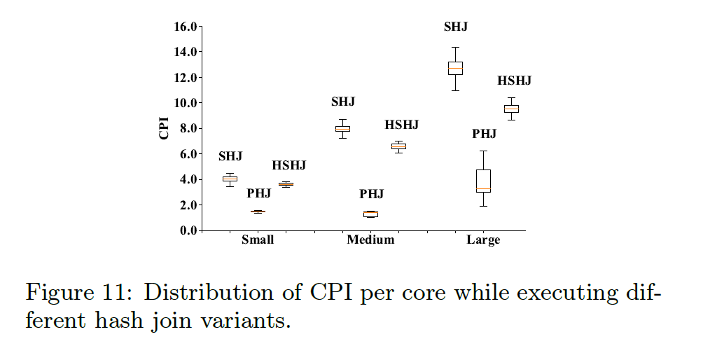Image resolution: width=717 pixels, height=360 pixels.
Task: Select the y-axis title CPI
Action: click(165, 129)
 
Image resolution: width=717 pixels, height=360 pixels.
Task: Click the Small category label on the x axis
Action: click(258, 240)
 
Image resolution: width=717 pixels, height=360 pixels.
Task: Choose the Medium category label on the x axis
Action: click(370, 240)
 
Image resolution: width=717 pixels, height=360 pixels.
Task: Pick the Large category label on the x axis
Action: click(483, 240)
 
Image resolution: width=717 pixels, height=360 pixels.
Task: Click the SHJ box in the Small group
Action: click(230, 179)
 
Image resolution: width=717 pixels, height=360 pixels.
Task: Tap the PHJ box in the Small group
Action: click(258, 212)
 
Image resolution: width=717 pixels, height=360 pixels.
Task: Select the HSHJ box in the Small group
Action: click(286, 184)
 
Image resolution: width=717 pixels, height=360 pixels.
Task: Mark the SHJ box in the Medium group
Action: click(342, 128)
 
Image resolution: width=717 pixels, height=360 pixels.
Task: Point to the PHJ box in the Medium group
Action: click(370, 214)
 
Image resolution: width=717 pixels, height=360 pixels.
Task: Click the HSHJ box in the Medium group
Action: click(398, 146)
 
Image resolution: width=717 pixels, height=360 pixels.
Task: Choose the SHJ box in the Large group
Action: click(455, 68)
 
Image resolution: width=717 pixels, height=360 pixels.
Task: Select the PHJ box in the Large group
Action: click(483, 181)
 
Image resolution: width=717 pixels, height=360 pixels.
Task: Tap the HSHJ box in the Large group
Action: click(511, 109)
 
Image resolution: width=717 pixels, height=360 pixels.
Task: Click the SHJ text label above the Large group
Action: click(455, 27)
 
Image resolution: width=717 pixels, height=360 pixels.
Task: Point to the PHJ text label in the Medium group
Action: click(372, 194)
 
